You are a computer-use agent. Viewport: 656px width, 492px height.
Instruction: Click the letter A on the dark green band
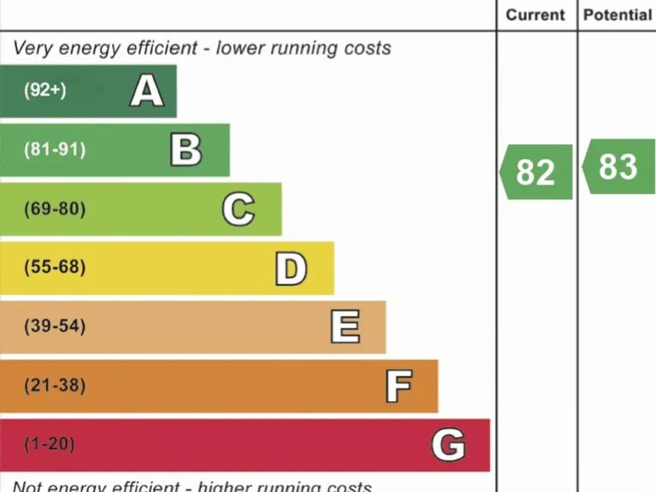click(147, 91)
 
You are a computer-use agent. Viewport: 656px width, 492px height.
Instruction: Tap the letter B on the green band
click(186, 149)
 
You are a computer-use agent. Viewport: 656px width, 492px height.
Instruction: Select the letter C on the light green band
click(238, 209)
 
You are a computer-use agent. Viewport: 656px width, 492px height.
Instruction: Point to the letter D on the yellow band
click(290, 268)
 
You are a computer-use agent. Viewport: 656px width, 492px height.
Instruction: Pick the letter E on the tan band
click(345, 326)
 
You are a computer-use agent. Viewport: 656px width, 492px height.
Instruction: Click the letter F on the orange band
click(398, 386)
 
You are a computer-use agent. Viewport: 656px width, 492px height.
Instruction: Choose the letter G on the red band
click(448, 445)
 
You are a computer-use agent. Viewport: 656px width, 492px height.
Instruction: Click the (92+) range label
click(44, 90)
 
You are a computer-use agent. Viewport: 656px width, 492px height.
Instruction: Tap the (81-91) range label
click(55, 149)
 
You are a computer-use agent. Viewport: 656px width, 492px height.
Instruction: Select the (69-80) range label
click(55, 208)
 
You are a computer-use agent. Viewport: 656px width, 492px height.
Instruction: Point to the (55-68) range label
click(55, 267)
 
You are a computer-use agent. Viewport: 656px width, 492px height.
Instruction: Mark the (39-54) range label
click(55, 326)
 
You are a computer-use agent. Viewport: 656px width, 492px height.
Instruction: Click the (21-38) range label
click(55, 385)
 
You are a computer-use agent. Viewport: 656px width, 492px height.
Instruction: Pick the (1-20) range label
click(50, 444)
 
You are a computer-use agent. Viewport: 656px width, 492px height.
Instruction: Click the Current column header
click(536, 15)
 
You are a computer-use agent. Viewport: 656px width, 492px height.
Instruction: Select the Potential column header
click(617, 15)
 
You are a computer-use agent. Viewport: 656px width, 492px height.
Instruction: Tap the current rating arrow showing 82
click(536, 172)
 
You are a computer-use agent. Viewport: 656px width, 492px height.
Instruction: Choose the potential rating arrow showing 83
click(618, 167)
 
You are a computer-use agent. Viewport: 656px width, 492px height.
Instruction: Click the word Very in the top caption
click(32, 48)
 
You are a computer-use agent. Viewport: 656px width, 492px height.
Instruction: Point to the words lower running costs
click(303, 48)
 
